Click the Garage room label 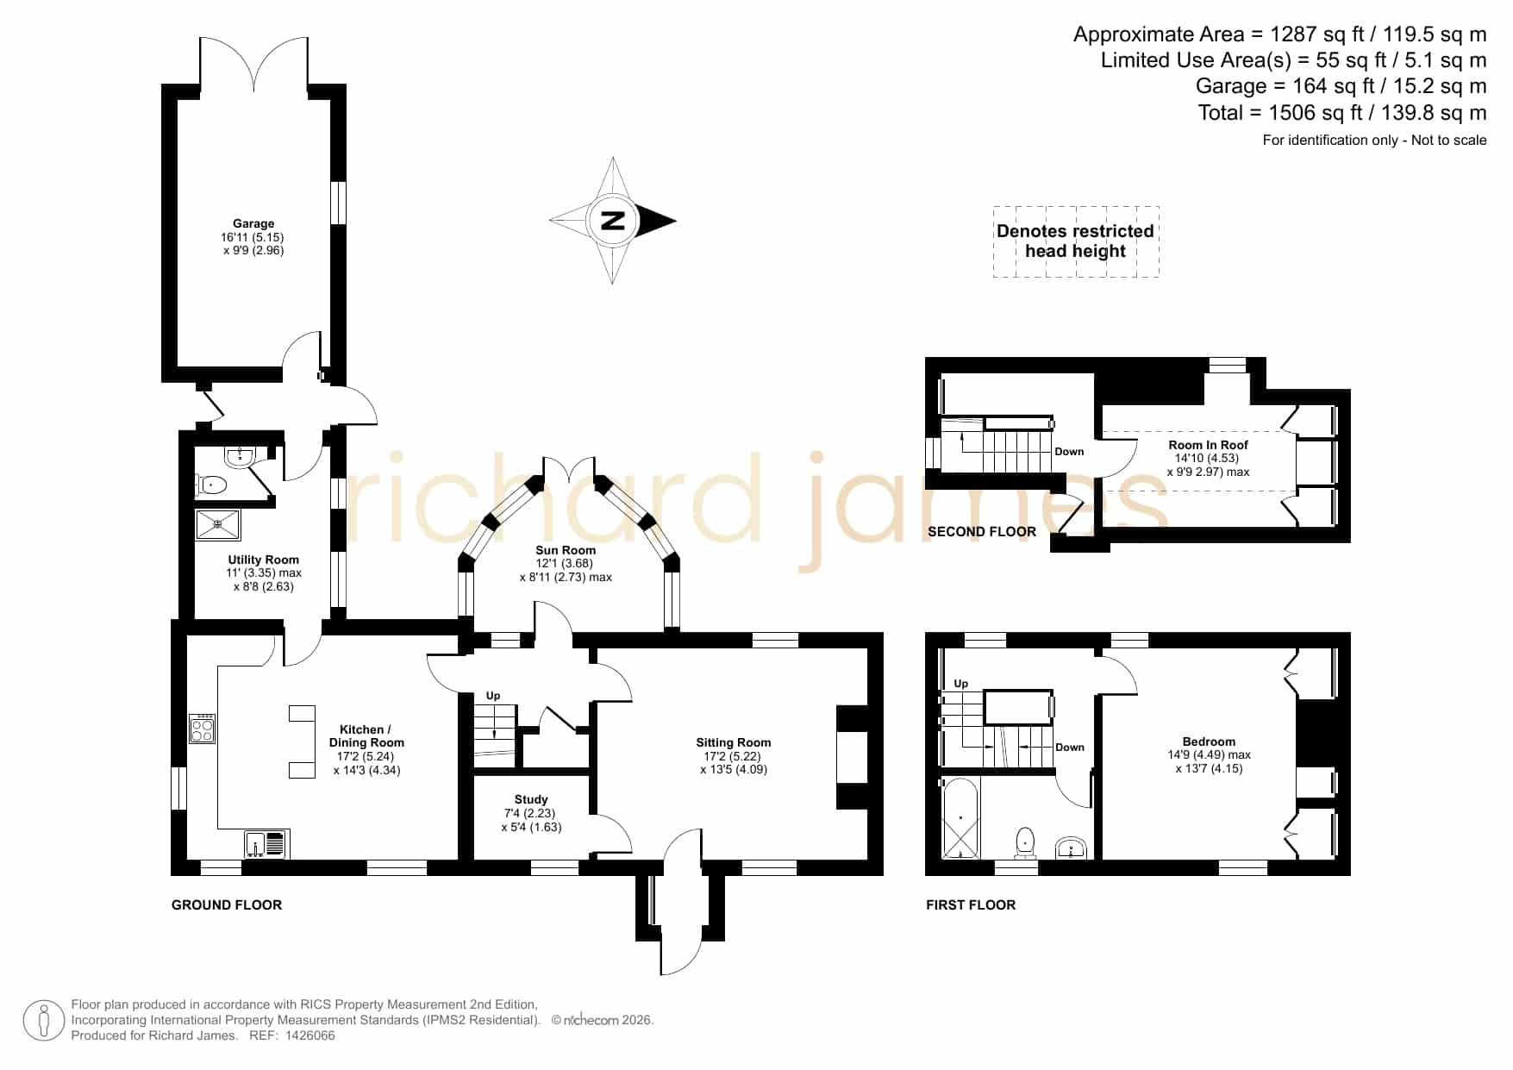253,223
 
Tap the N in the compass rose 612,221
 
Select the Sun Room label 566,550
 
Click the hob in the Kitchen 203,729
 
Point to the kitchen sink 266,844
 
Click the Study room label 531,799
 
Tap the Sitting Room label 734,742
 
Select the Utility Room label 264,560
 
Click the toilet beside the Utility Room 211,485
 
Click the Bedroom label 1209,741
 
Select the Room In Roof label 1209,445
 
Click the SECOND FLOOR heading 982,532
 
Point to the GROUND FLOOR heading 227,904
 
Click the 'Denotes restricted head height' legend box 1076,241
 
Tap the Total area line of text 1342,113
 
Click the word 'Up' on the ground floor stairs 493,696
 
